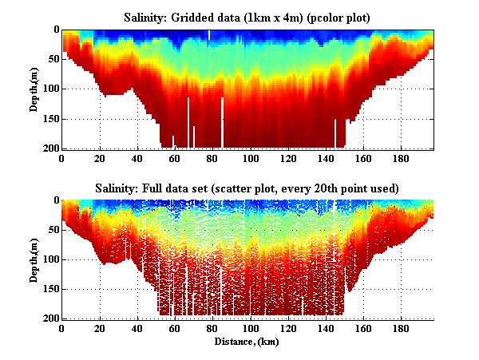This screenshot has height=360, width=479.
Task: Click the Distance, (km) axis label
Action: [247, 341]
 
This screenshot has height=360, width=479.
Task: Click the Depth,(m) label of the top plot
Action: [35, 89]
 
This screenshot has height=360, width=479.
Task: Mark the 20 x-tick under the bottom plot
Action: [100, 328]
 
